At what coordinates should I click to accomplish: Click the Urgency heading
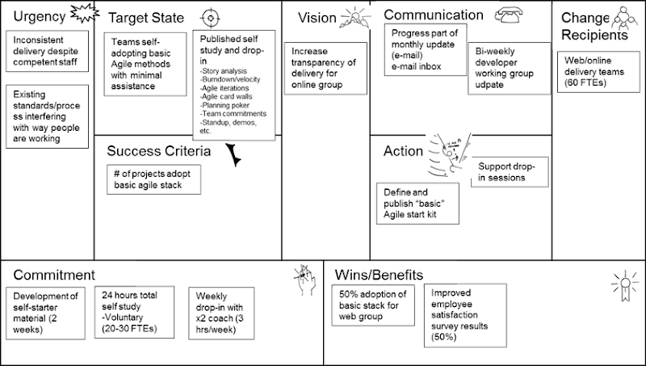(40, 17)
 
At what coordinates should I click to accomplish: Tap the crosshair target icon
(209, 17)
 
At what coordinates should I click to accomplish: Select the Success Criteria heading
(159, 150)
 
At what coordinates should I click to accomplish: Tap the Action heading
(403, 151)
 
